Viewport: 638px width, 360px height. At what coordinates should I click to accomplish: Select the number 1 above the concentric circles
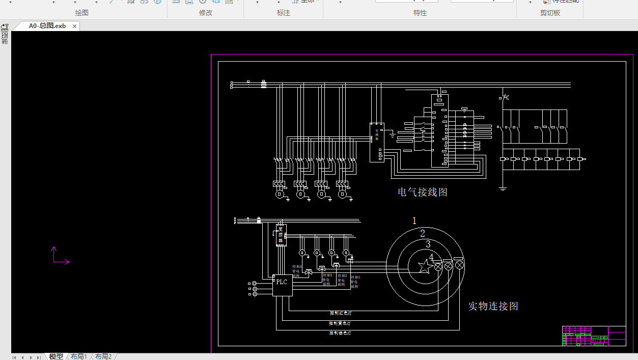414,220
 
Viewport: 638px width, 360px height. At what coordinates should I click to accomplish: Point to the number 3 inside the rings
428,244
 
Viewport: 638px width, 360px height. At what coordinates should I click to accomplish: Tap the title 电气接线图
423,192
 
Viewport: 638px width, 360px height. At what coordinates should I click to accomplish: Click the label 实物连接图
493,306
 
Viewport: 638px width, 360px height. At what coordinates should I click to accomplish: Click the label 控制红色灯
340,313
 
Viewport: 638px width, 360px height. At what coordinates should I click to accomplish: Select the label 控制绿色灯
340,333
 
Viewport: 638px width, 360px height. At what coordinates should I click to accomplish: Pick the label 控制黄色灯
340,323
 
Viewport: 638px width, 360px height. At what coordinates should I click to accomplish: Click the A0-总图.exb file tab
47,26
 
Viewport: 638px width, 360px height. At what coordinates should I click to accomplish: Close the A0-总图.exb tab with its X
74,26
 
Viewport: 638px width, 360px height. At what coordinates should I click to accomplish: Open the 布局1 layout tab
78,356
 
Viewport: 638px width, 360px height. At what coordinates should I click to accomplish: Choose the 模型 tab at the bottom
56,356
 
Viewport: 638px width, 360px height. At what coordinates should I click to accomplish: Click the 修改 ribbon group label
206,13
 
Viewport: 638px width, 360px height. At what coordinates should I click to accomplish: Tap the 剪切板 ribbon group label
550,13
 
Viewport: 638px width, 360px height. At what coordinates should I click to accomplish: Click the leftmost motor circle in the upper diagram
279,194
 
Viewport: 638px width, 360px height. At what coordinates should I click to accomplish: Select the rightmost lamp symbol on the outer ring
459,265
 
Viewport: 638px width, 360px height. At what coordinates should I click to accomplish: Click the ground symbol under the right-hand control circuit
503,188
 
